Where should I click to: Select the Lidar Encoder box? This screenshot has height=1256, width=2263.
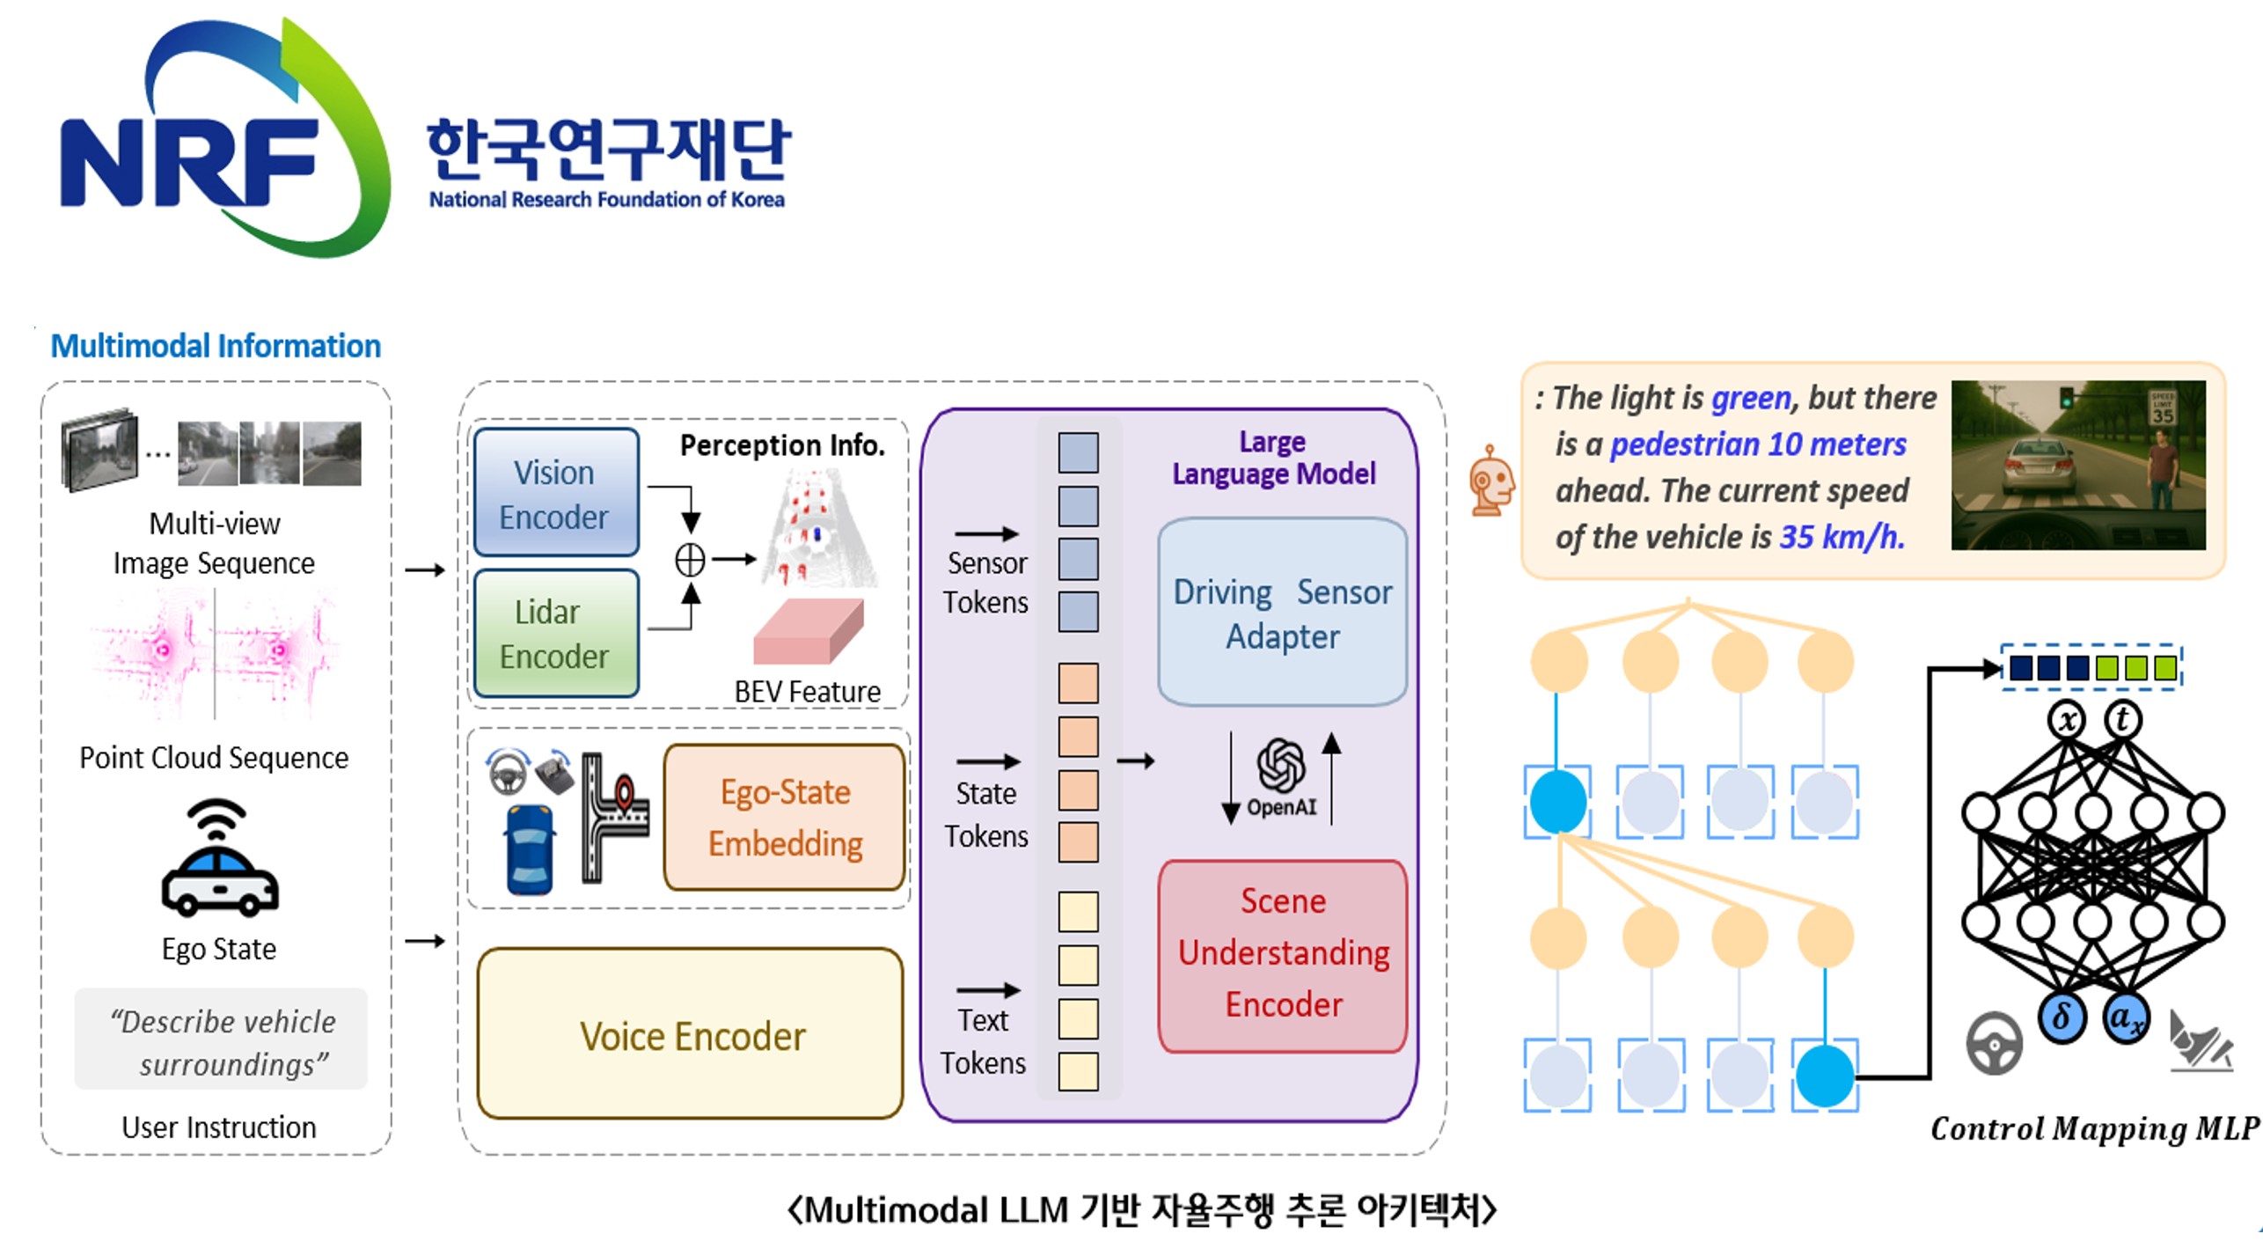pyautogui.click(x=556, y=634)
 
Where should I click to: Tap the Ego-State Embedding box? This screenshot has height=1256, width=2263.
pyautogui.click(x=785, y=817)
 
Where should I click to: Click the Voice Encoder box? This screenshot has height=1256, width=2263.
pyautogui.click(x=691, y=1034)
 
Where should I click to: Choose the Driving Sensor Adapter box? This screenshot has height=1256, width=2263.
pyautogui.click(x=1282, y=613)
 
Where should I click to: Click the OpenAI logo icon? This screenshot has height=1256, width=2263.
pyautogui.click(x=1281, y=766)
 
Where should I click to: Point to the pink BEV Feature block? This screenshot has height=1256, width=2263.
pyautogui.click(x=808, y=632)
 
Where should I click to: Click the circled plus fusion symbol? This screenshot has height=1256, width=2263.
pyautogui.click(x=690, y=560)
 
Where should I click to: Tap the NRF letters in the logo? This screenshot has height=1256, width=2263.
pyautogui.click(x=189, y=163)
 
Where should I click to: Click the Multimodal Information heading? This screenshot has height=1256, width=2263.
pyautogui.click(x=216, y=346)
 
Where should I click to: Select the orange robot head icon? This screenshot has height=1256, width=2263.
pyautogui.click(x=1491, y=480)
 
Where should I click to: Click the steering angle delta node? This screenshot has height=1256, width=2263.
pyautogui.click(x=2062, y=1018)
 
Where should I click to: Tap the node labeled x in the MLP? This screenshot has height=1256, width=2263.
pyautogui.click(x=2068, y=720)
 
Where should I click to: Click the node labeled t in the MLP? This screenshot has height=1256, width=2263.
pyautogui.click(x=2123, y=719)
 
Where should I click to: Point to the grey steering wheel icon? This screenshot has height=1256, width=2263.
pyautogui.click(x=1994, y=1043)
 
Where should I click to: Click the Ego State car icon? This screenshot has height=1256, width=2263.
pyautogui.click(x=219, y=860)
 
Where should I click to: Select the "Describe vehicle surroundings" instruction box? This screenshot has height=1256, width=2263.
pyautogui.click(x=221, y=1040)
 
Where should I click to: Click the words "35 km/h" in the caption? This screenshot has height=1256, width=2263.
pyautogui.click(x=1842, y=537)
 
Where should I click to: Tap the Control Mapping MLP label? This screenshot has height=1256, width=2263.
pyautogui.click(x=2094, y=1128)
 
